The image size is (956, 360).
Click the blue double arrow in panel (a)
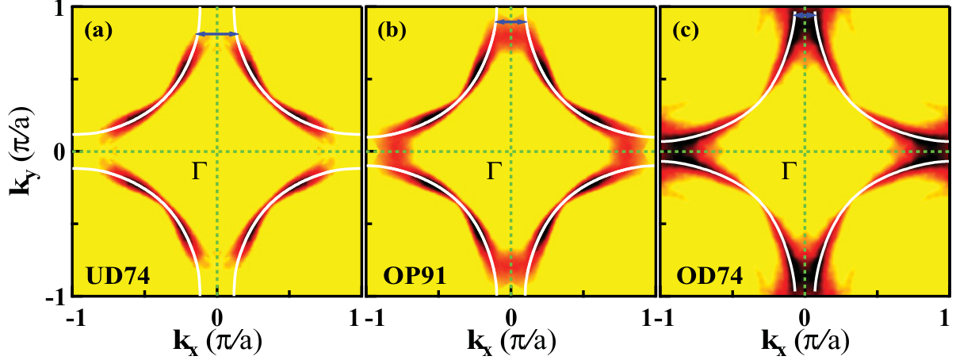217,33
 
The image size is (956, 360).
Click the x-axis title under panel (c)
804,343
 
